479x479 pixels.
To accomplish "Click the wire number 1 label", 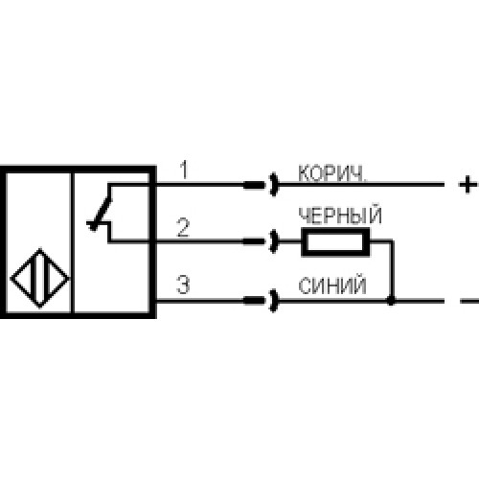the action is click(185, 170).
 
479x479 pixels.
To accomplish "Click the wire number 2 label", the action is click(183, 227).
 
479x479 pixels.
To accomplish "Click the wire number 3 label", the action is click(183, 285).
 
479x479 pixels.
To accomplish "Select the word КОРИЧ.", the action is click(332, 173).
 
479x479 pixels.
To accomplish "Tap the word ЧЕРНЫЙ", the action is click(340, 215).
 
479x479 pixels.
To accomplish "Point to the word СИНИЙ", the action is click(332, 285).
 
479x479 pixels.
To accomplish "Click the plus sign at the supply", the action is click(468, 185).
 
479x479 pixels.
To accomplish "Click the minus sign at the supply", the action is click(468, 301).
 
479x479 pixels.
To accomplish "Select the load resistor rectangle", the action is click(335, 241).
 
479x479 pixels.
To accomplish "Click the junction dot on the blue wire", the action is click(391, 301).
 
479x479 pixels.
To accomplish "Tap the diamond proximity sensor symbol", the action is click(40, 278).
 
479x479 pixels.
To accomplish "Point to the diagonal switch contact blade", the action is click(102, 212).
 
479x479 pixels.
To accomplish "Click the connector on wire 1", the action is click(261, 185).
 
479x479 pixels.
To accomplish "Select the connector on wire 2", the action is click(261, 241).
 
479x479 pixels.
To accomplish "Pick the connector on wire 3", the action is click(261, 301).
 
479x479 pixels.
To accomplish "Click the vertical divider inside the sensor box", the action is click(72, 242).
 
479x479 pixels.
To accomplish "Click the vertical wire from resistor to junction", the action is click(392, 270).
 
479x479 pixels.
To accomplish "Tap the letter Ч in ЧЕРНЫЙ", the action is click(305, 216).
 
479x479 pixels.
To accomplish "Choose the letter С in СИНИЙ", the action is click(306, 285).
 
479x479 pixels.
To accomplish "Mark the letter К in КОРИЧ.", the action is click(305, 173).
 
